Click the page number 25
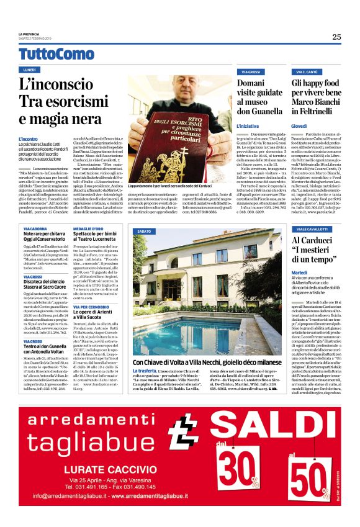336,37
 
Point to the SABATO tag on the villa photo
143,231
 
